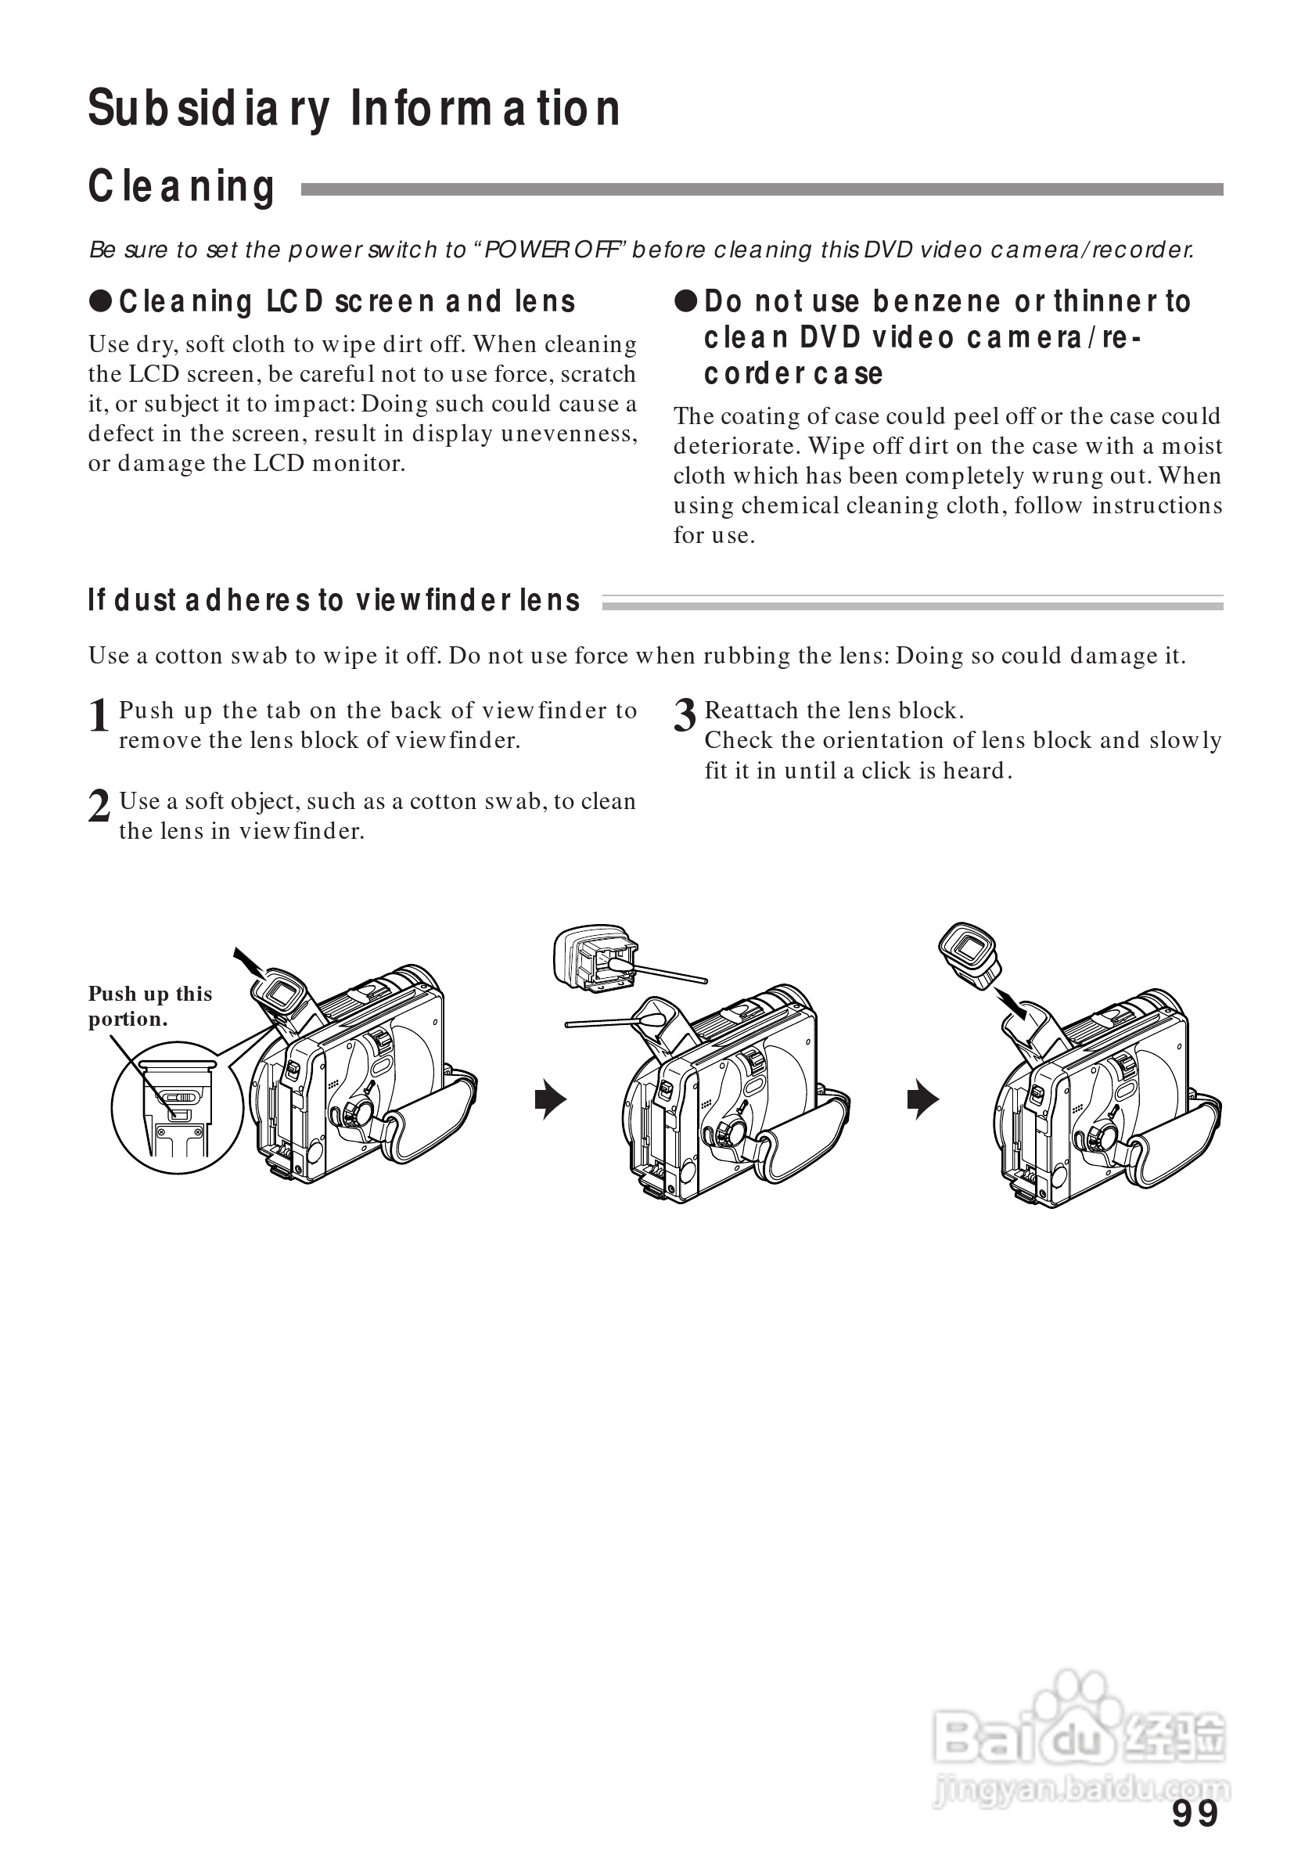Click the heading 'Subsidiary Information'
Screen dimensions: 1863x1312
354,108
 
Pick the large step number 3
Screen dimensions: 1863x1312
685,716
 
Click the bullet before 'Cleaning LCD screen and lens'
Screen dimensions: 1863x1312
100,301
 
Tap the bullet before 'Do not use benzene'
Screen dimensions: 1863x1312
685,301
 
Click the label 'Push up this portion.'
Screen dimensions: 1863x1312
149,1005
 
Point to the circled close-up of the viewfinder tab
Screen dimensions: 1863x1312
177,1106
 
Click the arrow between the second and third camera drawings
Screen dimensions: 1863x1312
922,1099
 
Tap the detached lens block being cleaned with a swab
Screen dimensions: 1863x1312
595,958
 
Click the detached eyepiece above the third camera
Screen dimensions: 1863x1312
969,952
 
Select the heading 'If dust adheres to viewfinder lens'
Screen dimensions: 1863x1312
333,600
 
